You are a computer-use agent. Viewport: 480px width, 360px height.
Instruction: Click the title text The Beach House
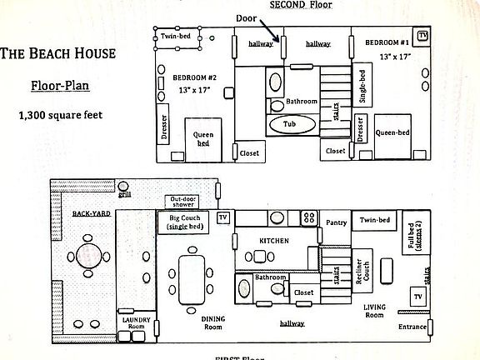click(x=57, y=55)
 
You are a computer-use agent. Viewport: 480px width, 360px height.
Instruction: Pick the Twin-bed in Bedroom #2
click(x=177, y=37)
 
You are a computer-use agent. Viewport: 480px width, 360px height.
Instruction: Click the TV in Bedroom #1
click(x=422, y=36)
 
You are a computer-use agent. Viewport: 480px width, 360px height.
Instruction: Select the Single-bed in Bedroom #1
click(x=362, y=84)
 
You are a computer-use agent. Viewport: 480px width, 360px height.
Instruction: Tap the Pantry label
click(x=337, y=222)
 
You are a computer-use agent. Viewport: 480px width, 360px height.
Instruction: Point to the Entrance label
click(x=412, y=327)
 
